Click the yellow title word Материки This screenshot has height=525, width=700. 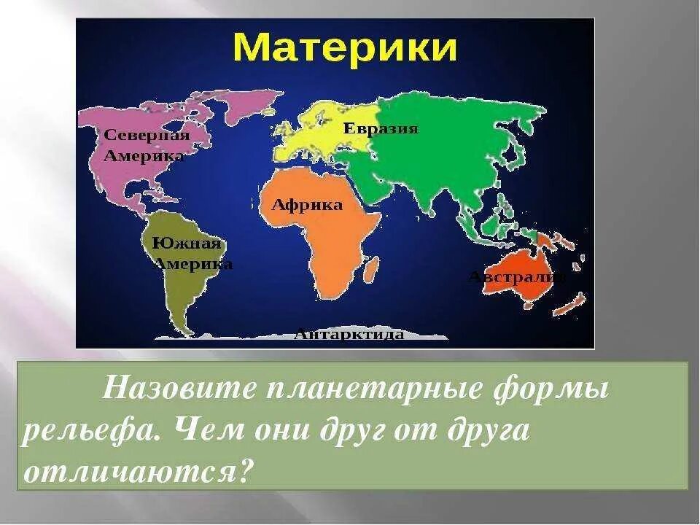(345, 48)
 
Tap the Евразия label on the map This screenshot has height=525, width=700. (381, 129)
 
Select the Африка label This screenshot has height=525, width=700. (307, 205)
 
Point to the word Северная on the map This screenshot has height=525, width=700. (147, 135)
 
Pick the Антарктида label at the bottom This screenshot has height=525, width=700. (349, 335)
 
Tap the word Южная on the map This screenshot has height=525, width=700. (186, 244)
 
